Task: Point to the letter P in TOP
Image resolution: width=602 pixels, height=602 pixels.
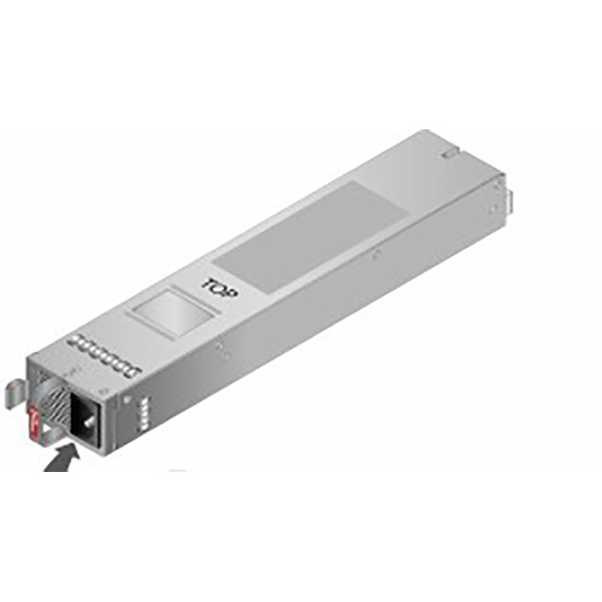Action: click(x=232, y=294)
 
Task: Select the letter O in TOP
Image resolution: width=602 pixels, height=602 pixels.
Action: click(x=220, y=289)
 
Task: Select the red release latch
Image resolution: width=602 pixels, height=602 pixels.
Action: click(x=33, y=424)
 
